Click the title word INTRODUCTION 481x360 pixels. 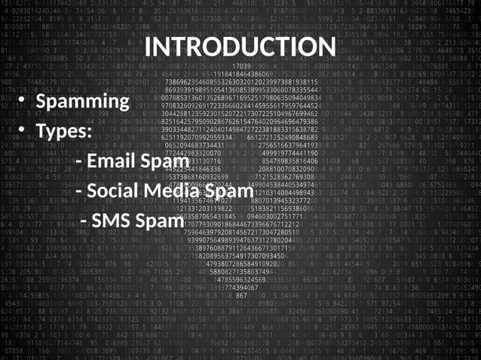240,47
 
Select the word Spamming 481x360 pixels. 83,101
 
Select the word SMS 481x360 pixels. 115,221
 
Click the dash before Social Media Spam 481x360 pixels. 80,192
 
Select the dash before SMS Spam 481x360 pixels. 84,223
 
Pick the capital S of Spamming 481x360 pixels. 42,101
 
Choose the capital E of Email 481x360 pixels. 93,161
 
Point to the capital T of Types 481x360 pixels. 41,131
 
